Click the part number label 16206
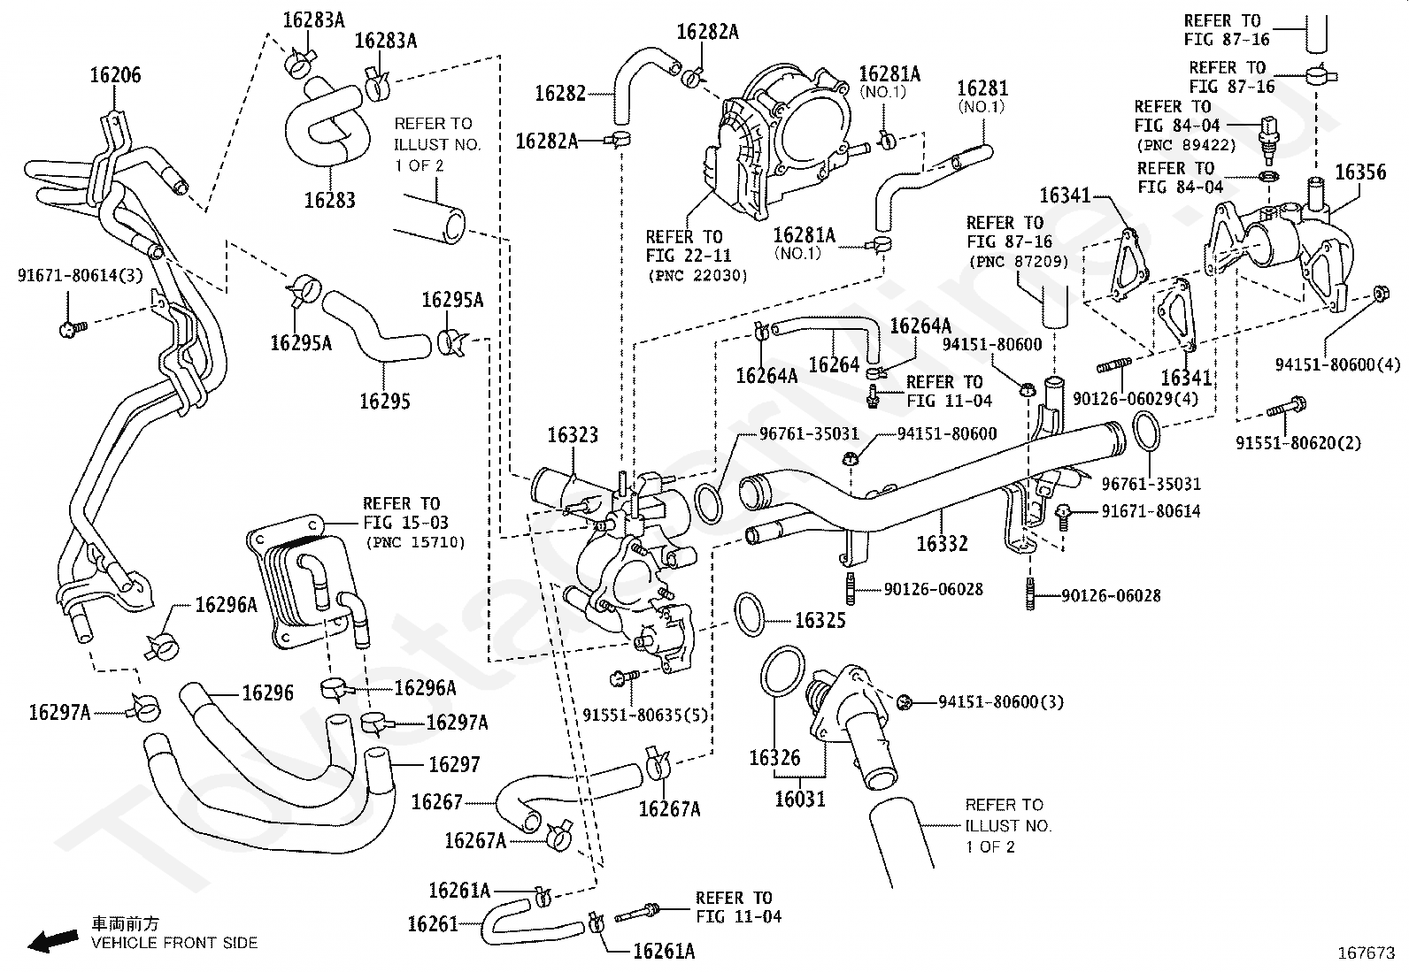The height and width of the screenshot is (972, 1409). [115, 76]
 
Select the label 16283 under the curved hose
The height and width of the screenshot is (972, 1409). [329, 200]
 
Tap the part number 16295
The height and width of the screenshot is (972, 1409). [385, 401]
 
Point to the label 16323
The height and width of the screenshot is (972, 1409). [573, 435]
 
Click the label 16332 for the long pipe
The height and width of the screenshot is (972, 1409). [942, 543]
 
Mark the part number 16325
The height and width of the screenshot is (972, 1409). [820, 620]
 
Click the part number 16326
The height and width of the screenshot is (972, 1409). [774, 758]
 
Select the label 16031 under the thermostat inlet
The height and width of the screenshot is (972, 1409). [799, 800]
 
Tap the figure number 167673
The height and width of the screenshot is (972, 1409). [1366, 954]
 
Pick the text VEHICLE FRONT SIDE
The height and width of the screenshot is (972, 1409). [174, 943]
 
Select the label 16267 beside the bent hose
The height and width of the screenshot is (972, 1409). [437, 802]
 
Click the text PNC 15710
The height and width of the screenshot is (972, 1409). [413, 542]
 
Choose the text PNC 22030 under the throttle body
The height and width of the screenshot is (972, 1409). [697, 275]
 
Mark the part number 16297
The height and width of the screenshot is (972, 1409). [454, 764]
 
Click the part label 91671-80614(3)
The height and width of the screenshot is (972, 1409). [80, 275]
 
